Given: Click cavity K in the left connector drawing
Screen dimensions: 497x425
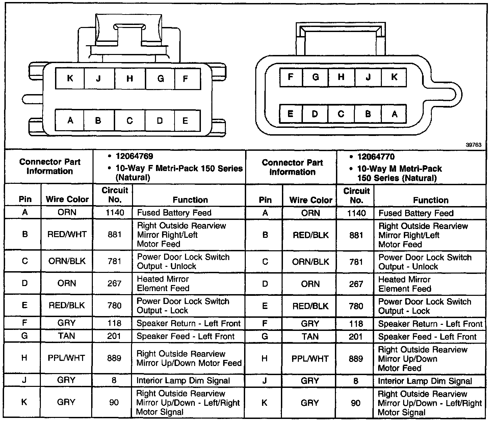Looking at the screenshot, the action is click(70, 79).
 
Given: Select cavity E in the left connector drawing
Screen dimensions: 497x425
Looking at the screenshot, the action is click(185, 121).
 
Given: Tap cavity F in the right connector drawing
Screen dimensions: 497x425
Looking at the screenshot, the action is click(290, 77).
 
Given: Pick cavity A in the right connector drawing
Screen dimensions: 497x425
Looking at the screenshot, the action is click(394, 114).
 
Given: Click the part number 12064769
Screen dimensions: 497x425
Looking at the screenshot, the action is click(134, 157).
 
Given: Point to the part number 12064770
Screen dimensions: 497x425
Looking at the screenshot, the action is click(376, 157).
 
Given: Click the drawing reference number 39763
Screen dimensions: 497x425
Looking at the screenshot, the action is click(473, 145).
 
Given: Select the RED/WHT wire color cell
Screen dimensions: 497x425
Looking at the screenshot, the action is click(67, 234).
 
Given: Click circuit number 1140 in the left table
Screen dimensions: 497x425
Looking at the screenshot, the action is click(114, 213).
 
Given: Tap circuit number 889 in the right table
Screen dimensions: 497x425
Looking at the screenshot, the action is click(356, 359).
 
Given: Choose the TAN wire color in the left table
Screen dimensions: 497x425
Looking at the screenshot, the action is click(67, 336).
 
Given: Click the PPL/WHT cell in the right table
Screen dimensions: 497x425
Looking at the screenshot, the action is click(310, 359).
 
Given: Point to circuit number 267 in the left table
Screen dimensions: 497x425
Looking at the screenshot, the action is click(114, 283).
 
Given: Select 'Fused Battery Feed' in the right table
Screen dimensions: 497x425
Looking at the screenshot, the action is click(416, 213).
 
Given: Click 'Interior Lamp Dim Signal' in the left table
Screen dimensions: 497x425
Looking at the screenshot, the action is click(183, 381).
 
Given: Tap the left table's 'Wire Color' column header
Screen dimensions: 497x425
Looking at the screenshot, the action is click(67, 199).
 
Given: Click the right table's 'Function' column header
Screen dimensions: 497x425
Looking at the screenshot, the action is click(430, 200).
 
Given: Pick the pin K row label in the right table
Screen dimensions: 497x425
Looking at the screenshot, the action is click(265, 403).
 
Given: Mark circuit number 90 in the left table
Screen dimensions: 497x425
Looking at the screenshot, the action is click(114, 402).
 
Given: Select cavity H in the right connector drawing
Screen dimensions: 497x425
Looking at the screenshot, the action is click(341, 77).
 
